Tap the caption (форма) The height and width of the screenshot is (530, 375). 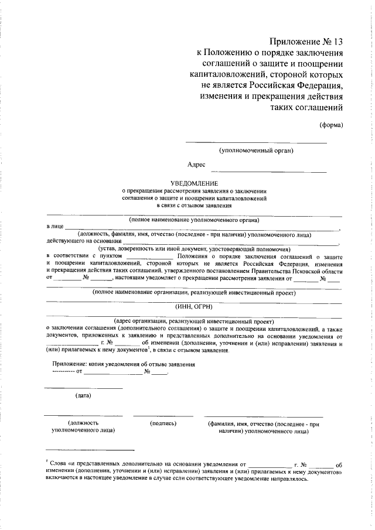pos(331,124)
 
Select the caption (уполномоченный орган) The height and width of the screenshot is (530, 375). pos(256,151)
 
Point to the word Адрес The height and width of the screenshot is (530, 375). pos(196,166)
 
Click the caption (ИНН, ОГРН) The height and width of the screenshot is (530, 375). pos(193,306)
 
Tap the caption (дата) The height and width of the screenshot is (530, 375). pos(83,395)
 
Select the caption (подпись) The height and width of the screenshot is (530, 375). pos(163,422)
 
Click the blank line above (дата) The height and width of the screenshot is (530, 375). pos(83,388)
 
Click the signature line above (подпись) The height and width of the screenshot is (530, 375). pos(163,415)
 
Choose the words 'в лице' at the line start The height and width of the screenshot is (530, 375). pos(54,226)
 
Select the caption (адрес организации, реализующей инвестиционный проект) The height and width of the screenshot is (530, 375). pos(193,321)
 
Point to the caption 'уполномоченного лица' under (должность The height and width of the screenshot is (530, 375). pos(83,430)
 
